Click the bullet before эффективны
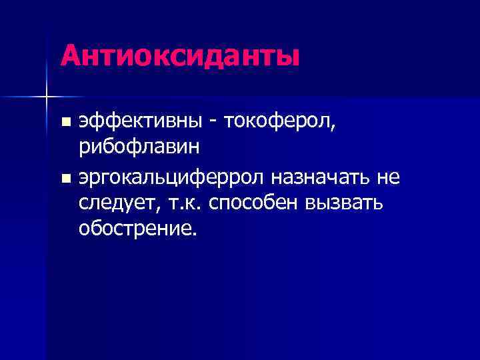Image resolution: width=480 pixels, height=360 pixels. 65,123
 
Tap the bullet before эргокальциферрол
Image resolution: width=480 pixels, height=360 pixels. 65,178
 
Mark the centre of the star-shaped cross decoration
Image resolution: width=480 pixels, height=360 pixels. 46,97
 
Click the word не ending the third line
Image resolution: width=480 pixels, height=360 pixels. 389,177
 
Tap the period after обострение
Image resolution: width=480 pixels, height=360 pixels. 195,234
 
